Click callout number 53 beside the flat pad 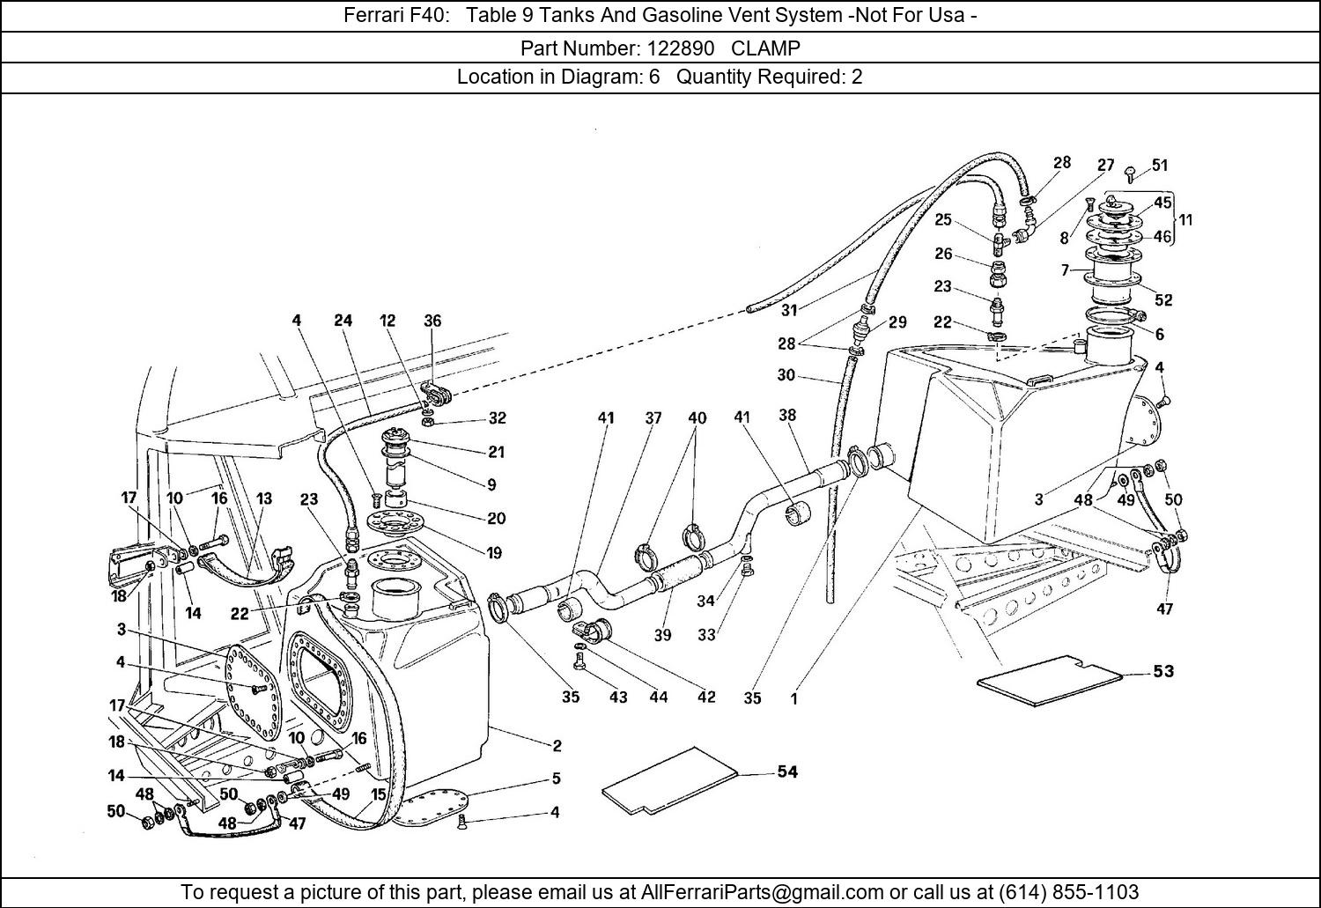pyautogui.click(x=1163, y=671)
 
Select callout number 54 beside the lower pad pyautogui.click(x=786, y=771)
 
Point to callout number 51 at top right pyautogui.click(x=1160, y=165)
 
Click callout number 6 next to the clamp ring pyautogui.click(x=1159, y=334)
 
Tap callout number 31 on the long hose pyautogui.click(x=789, y=310)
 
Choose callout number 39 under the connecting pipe pyautogui.click(x=662, y=634)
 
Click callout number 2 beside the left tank pyautogui.click(x=557, y=745)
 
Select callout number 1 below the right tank pyautogui.click(x=793, y=699)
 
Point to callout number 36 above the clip pyautogui.click(x=432, y=321)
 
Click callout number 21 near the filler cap pyautogui.click(x=496, y=452)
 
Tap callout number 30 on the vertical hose pyautogui.click(x=786, y=374)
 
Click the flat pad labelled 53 pyautogui.click(x=1048, y=680)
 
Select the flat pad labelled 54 pyautogui.click(x=669, y=780)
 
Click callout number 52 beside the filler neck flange pyautogui.click(x=1163, y=299)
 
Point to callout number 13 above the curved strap pyautogui.click(x=263, y=498)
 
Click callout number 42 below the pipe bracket pyautogui.click(x=706, y=697)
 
